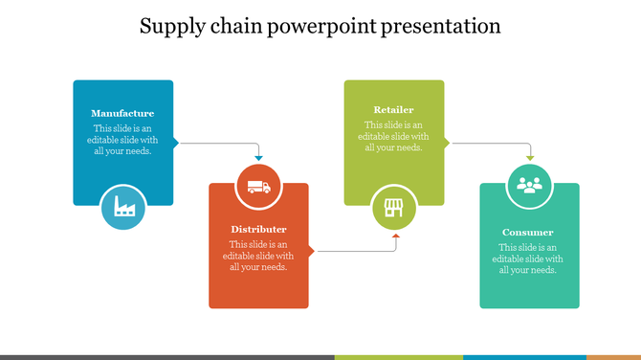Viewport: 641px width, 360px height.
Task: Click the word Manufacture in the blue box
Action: coord(122,113)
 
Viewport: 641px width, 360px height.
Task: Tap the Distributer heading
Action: coord(258,230)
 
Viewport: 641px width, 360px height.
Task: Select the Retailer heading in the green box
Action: coord(394,110)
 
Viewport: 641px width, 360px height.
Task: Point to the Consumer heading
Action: coord(528,233)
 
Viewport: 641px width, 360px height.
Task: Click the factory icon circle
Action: coord(122,206)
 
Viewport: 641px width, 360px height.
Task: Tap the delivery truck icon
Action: coord(258,187)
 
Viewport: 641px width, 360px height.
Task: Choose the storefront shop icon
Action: coord(393,208)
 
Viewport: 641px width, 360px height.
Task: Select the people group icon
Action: coord(529,185)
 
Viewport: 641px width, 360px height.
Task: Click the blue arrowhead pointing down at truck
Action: coord(258,158)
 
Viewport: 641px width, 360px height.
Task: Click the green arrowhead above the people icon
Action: coord(529,157)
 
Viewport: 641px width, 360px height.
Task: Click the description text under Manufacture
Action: coord(122,140)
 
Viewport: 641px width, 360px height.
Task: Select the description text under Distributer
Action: coord(258,256)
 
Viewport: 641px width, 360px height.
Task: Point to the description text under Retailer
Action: coord(394,136)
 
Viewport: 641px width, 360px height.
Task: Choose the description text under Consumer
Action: coord(528,259)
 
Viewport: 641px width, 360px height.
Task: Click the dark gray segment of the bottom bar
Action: coord(167,357)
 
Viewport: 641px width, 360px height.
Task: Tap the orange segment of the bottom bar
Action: coord(613,357)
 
